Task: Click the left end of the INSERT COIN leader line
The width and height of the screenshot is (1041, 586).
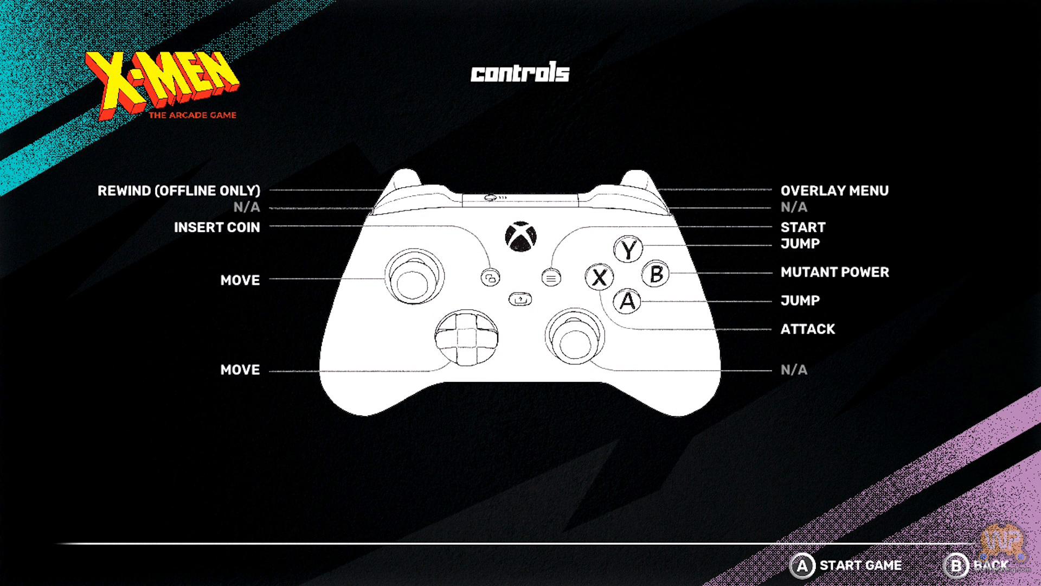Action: [x=270, y=226]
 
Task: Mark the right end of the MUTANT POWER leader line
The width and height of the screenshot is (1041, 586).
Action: [x=772, y=272]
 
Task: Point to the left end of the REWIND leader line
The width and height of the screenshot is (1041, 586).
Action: [x=270, y=190]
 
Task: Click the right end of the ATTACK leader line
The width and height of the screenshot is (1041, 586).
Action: [x=772, y=329]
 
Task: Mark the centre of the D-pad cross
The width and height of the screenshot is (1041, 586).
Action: [x=466, y=337]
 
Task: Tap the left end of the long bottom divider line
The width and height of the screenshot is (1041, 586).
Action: [x=55, y=543]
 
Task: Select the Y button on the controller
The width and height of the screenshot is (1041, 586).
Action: [x=628, y=250]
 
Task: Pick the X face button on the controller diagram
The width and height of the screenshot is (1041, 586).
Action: [x=600, y=278]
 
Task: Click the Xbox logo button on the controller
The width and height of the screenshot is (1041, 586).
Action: [x=520, y=237]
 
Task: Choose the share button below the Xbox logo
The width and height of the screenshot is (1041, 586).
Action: [x=520, y=299]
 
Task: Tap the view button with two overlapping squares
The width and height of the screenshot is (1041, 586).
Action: [x=490, y=278]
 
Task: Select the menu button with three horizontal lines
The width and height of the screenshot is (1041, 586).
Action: [x=551, y=278]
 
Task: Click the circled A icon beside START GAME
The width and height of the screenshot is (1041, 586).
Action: [x=802, y=566]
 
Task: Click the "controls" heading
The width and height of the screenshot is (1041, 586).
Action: [x=520, y=73]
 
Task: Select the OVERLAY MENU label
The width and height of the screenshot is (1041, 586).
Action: [x=834, y=190]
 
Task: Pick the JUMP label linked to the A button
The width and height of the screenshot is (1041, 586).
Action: [x=800, y=301]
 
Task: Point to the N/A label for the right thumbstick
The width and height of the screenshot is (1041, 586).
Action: [x=794, y=370]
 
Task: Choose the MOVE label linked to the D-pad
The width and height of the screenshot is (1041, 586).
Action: [x=240, y=370]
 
